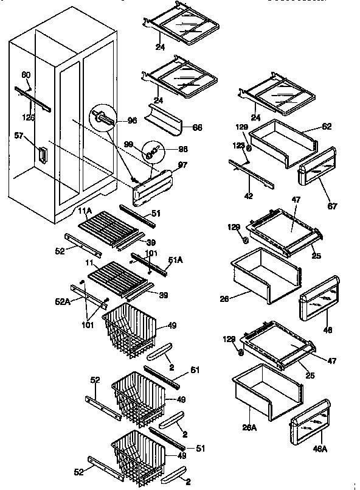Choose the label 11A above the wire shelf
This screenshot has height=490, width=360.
85,211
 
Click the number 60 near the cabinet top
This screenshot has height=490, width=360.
26,75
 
